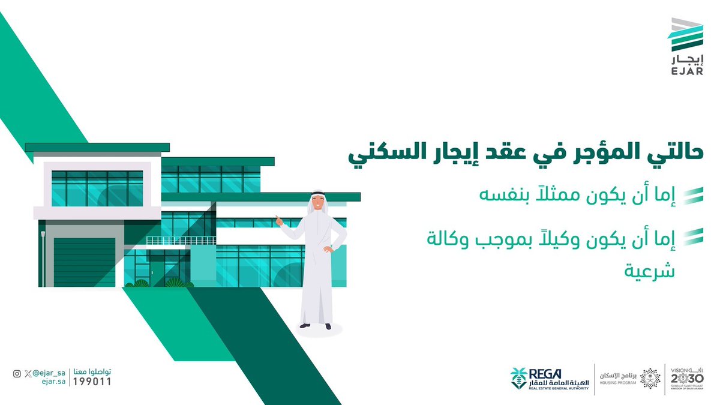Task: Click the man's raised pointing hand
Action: (278, 220)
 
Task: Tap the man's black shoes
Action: (316, 326)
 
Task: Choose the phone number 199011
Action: (92, 382)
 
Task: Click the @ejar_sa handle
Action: (48, 373)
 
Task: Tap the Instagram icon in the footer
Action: (17, 373)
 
